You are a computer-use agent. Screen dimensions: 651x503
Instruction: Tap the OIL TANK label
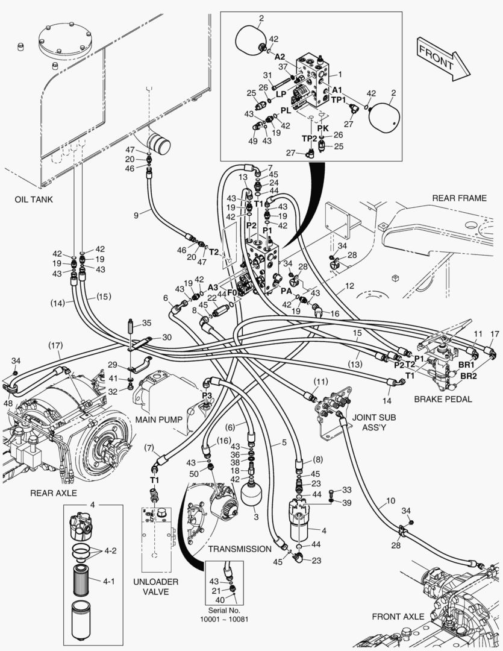[x=34, y=200]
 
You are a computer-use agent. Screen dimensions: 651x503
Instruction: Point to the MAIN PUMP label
[x=158, y=419]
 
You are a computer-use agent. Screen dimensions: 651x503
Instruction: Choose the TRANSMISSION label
[x=240, y=549]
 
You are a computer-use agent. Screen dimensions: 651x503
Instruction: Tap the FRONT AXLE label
[x=398, y=617]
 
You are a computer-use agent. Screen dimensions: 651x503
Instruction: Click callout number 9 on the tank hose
[x=136, y=214]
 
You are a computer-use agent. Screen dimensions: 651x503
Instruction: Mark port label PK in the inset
[x=323, y=128]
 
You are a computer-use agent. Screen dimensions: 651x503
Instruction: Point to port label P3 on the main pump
[x=207, y=395]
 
